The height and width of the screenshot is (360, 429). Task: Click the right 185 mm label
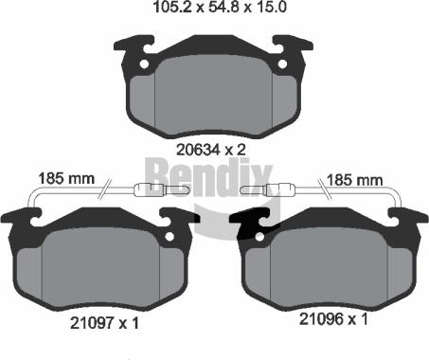tap(353, 177)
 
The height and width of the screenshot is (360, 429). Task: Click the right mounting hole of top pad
tap(283, 64)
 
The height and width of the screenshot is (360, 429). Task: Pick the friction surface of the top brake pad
tap(213, 95)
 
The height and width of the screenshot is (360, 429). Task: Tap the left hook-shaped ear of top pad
tap(133, 45)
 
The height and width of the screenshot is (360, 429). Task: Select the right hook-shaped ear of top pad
tap(294, 45)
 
